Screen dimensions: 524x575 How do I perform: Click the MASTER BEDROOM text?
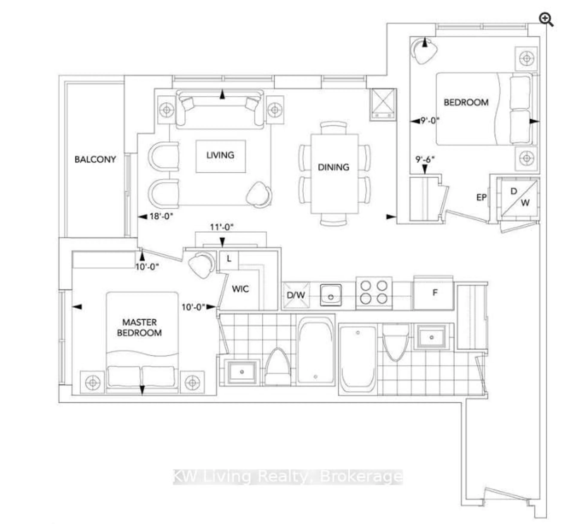pos(139,328)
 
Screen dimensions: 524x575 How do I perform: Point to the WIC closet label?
pos(240,289)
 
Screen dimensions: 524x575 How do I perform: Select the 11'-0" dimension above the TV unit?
pos(222,227)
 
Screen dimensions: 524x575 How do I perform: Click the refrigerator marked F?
pos(433,293)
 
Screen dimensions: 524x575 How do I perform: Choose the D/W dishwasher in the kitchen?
pos(296,295)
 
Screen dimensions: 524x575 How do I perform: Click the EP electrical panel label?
pos(481,197)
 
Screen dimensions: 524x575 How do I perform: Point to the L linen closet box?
pos(229,259)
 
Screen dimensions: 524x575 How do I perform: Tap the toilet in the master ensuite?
pos(277,368)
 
